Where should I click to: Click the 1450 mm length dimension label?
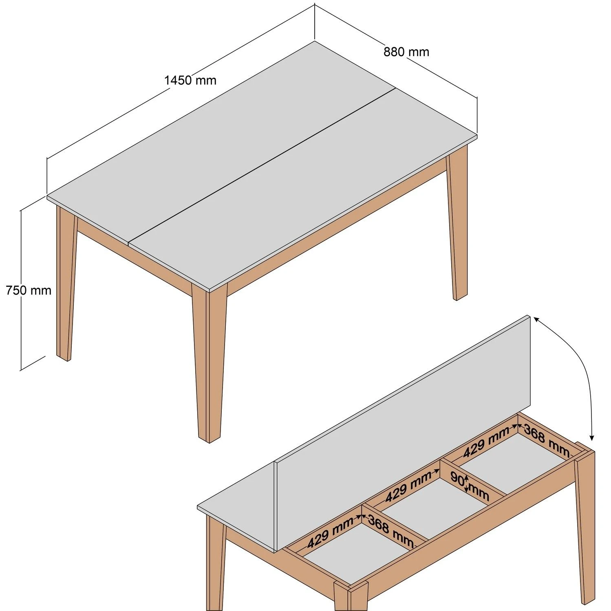[x=190, y=80]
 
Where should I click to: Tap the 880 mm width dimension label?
[x=406, y=52]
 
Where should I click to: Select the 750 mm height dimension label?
[x=29, y=290]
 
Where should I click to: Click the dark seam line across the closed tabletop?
[x=261, y=165]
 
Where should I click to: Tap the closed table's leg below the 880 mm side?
[x=457, y=228]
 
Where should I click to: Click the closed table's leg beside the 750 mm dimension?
[x=65, y=285]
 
